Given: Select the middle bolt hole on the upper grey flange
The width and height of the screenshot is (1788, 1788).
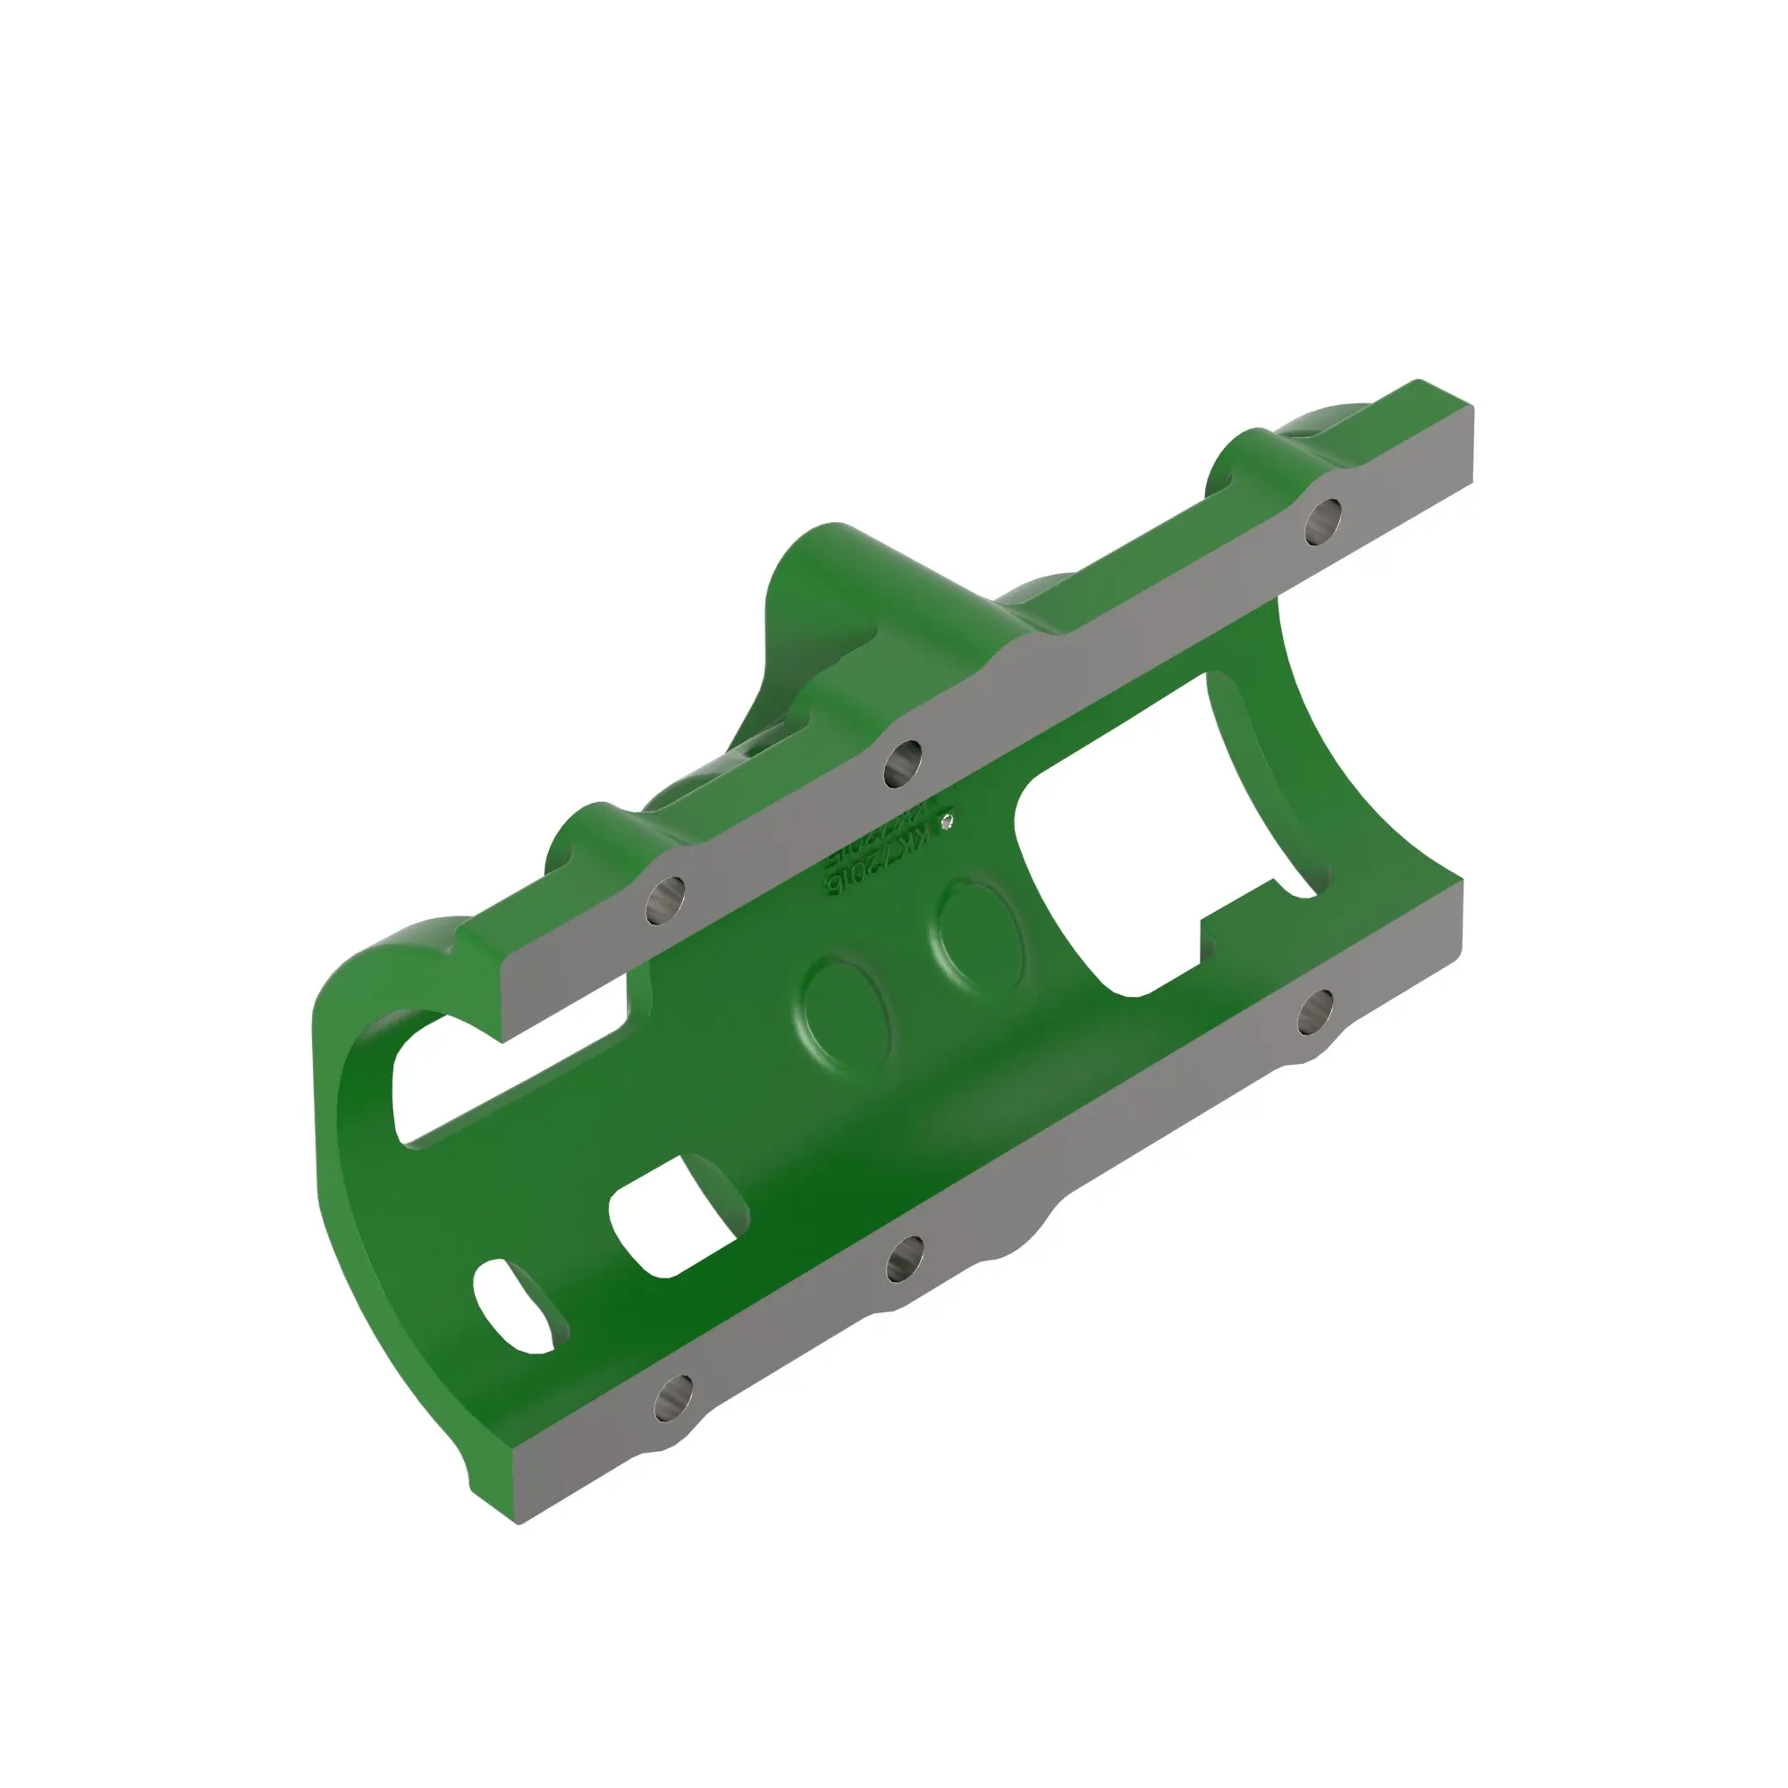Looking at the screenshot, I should point(903,763).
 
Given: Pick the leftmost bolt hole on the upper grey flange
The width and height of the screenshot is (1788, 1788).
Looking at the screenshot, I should point(665,898).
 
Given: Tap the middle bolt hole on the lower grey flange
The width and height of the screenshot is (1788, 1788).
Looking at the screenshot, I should point(905,1260).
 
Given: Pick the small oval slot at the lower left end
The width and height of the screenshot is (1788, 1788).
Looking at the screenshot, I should point(519,1307).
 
